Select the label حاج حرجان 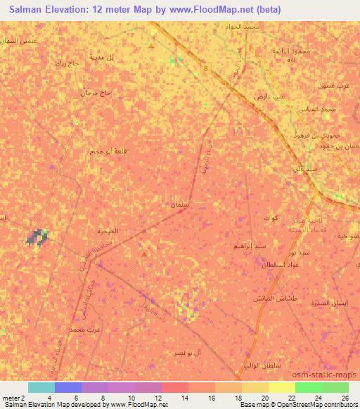click(96, 92)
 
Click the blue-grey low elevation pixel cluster click(37, 238)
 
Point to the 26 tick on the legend click(344, 397)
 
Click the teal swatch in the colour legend click(41, 387)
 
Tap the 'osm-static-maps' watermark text click(327, 378)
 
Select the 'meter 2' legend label click(11, 397)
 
